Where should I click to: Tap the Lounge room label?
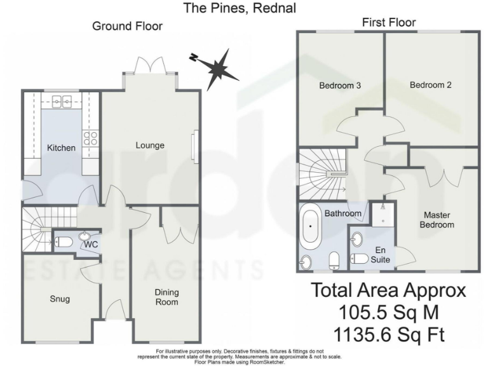coord(150,146)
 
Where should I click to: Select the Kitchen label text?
coord(61,148)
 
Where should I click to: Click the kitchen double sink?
coord(62,100)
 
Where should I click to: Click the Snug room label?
coord(60,299)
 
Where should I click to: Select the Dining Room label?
coord(167,297)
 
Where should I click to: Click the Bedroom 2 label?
coord(430,85)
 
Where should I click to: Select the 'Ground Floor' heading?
coord(127,26)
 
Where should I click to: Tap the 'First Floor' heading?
coord(389,23)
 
